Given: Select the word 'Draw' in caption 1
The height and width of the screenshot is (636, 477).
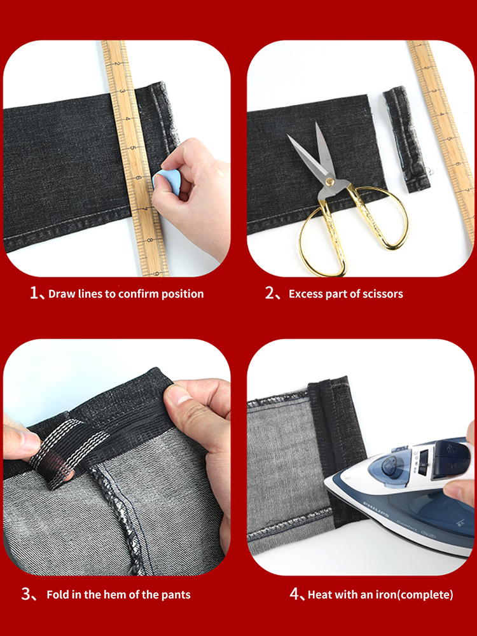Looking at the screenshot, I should click(x=62, y=294).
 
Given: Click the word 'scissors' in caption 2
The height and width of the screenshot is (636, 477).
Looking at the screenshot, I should click(x=382, y=294).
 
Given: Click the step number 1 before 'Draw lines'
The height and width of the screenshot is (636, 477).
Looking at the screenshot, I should click(x=34, y=293).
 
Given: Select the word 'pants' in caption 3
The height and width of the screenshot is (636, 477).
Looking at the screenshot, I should click(x=176, y=595).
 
